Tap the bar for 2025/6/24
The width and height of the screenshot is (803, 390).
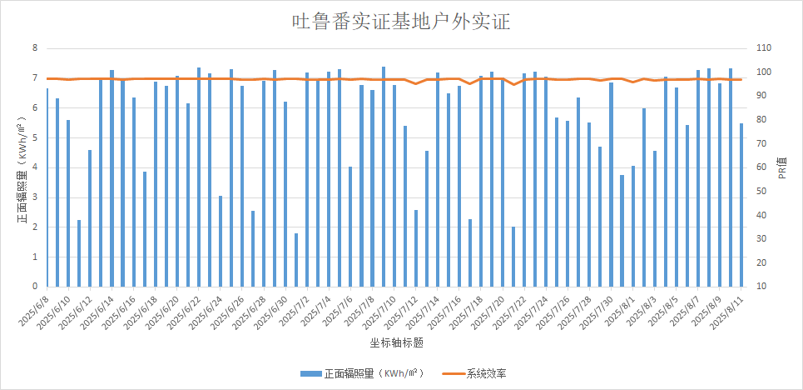(x=221, y=241)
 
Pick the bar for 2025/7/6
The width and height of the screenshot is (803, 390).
(x=350, y=227)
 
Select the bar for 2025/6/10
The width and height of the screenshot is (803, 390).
(x=68, y=203)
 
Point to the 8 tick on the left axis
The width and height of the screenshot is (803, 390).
(x=35, y=48)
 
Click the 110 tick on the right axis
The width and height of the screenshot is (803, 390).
(x=763, y=48)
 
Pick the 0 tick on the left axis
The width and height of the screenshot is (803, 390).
(x=35, y=287)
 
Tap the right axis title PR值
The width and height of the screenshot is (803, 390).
(x=782, y=172)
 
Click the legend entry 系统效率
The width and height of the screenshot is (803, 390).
(x=486, y=372)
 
